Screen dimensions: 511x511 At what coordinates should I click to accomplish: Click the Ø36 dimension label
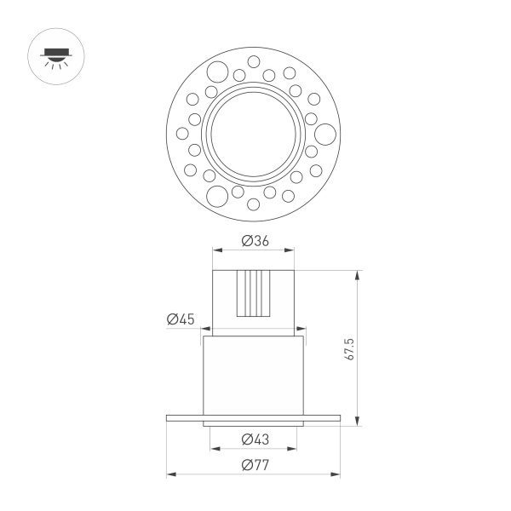tap(255, 241)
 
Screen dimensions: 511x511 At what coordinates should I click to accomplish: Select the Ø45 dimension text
tap(181, 319)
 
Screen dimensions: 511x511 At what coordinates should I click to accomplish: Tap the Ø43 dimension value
tap(255, 439)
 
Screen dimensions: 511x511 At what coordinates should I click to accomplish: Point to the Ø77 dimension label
tap(255, 465)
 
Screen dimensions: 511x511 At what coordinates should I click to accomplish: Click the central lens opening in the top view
tap(253, 134)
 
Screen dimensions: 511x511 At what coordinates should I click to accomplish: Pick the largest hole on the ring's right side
tap(324, 133)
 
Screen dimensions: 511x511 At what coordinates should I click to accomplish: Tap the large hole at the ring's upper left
tap(217, 71)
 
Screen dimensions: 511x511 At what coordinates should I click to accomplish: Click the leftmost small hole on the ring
tap(181, 133)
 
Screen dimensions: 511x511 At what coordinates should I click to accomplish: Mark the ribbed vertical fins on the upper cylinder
tap(254, 293)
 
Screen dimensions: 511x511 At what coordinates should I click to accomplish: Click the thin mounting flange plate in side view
tap(253, 417)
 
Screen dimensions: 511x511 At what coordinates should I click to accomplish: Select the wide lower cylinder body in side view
tap(253, 375)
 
